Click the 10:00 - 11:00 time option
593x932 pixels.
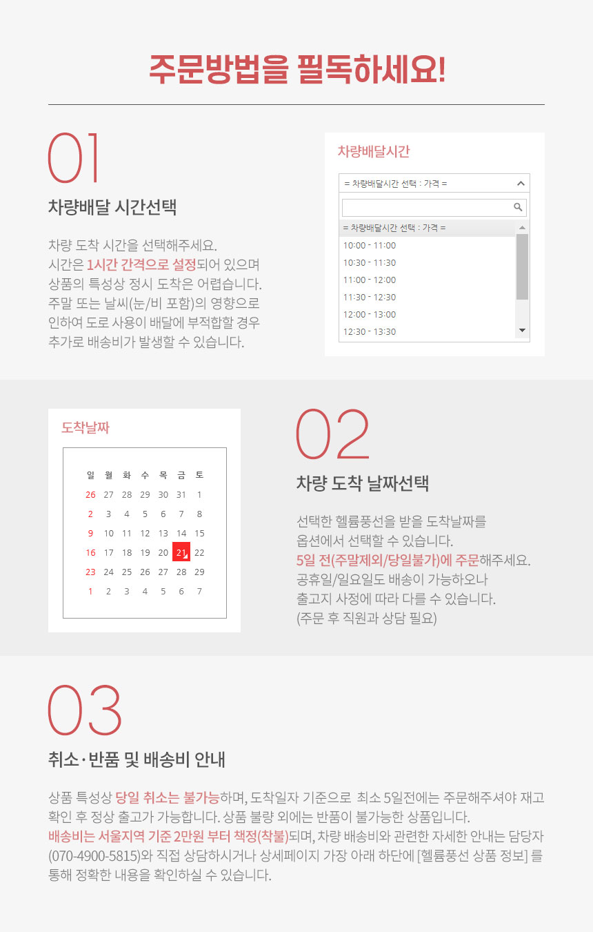370,246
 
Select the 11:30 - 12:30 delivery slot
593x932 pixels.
370,297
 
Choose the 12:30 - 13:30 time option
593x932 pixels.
370,331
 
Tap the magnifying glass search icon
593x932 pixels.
518,207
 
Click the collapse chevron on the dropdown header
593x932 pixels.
521,184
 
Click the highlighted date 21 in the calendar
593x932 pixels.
181,552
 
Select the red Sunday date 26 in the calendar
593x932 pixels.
90,495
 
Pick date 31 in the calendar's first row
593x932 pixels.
181,495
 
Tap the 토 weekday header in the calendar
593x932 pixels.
199,475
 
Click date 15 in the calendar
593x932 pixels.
199,534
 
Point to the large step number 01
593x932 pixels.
74,157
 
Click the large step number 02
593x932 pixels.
333,434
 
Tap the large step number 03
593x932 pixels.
85,710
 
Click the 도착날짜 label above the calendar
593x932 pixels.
86,427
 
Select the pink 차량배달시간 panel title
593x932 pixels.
374,151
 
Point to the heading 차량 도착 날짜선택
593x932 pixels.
363,483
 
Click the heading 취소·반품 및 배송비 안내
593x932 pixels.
137,759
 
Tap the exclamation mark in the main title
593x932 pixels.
442,70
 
